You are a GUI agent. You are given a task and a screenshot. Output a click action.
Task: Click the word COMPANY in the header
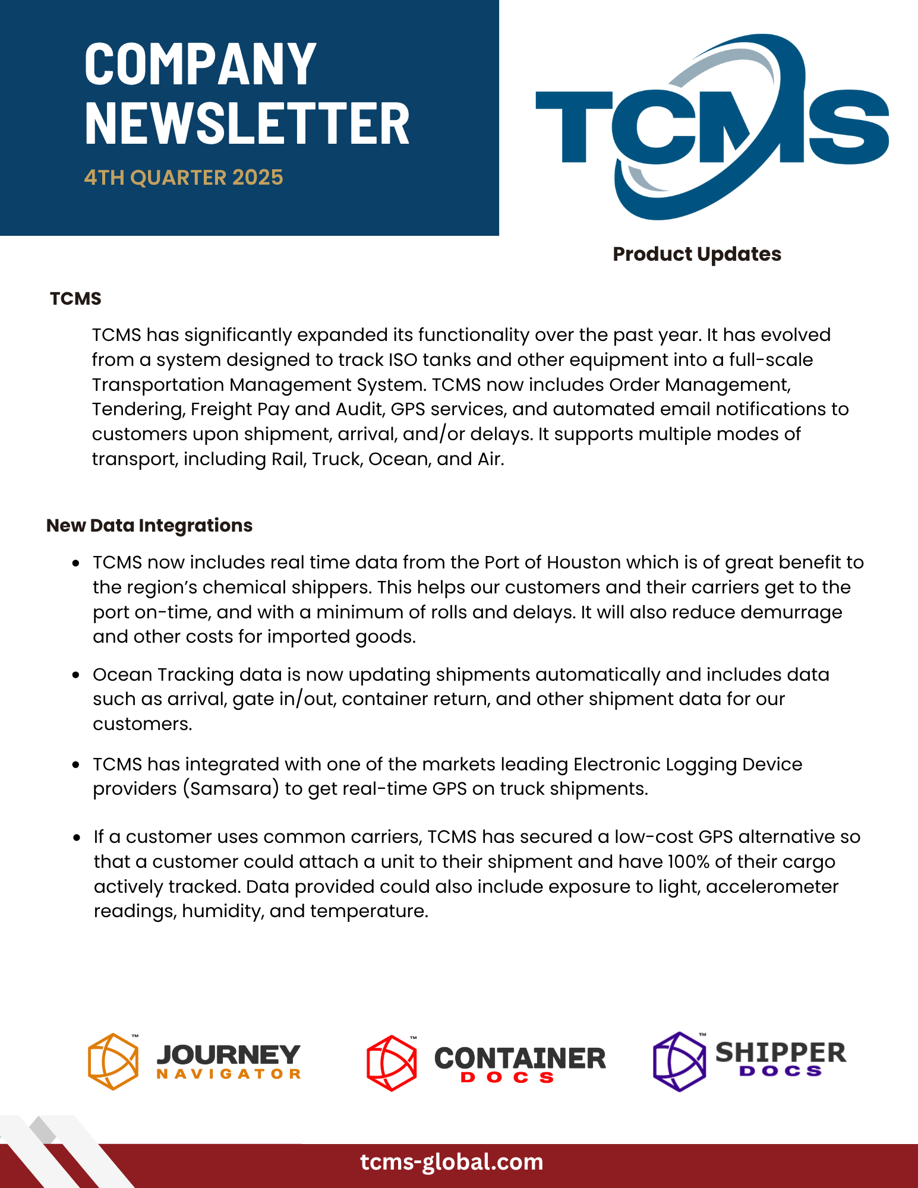200,64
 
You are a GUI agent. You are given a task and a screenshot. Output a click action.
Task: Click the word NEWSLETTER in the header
247,124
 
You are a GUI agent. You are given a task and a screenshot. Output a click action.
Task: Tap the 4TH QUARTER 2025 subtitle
184,178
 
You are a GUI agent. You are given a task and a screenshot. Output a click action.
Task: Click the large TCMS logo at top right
712,127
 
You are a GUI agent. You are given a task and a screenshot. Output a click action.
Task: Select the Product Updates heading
696,254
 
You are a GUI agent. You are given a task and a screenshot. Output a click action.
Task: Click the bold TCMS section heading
75,298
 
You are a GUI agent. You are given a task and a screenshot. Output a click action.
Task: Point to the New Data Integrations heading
149,525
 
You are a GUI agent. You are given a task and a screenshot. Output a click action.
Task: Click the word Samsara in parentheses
231,789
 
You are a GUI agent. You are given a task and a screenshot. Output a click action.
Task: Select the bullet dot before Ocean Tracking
76,675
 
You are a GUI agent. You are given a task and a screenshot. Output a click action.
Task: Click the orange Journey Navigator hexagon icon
113,1061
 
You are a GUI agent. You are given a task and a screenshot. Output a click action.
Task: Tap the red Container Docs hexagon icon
392,1063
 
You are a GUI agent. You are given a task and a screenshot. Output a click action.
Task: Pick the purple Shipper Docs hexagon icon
679,1061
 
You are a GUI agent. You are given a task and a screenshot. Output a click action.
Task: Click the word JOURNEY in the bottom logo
229,1055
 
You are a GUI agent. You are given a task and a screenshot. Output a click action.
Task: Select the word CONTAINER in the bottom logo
520,1059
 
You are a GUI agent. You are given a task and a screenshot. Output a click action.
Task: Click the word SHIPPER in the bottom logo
780,1053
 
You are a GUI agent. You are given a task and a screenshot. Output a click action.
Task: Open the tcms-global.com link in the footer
452,1162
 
